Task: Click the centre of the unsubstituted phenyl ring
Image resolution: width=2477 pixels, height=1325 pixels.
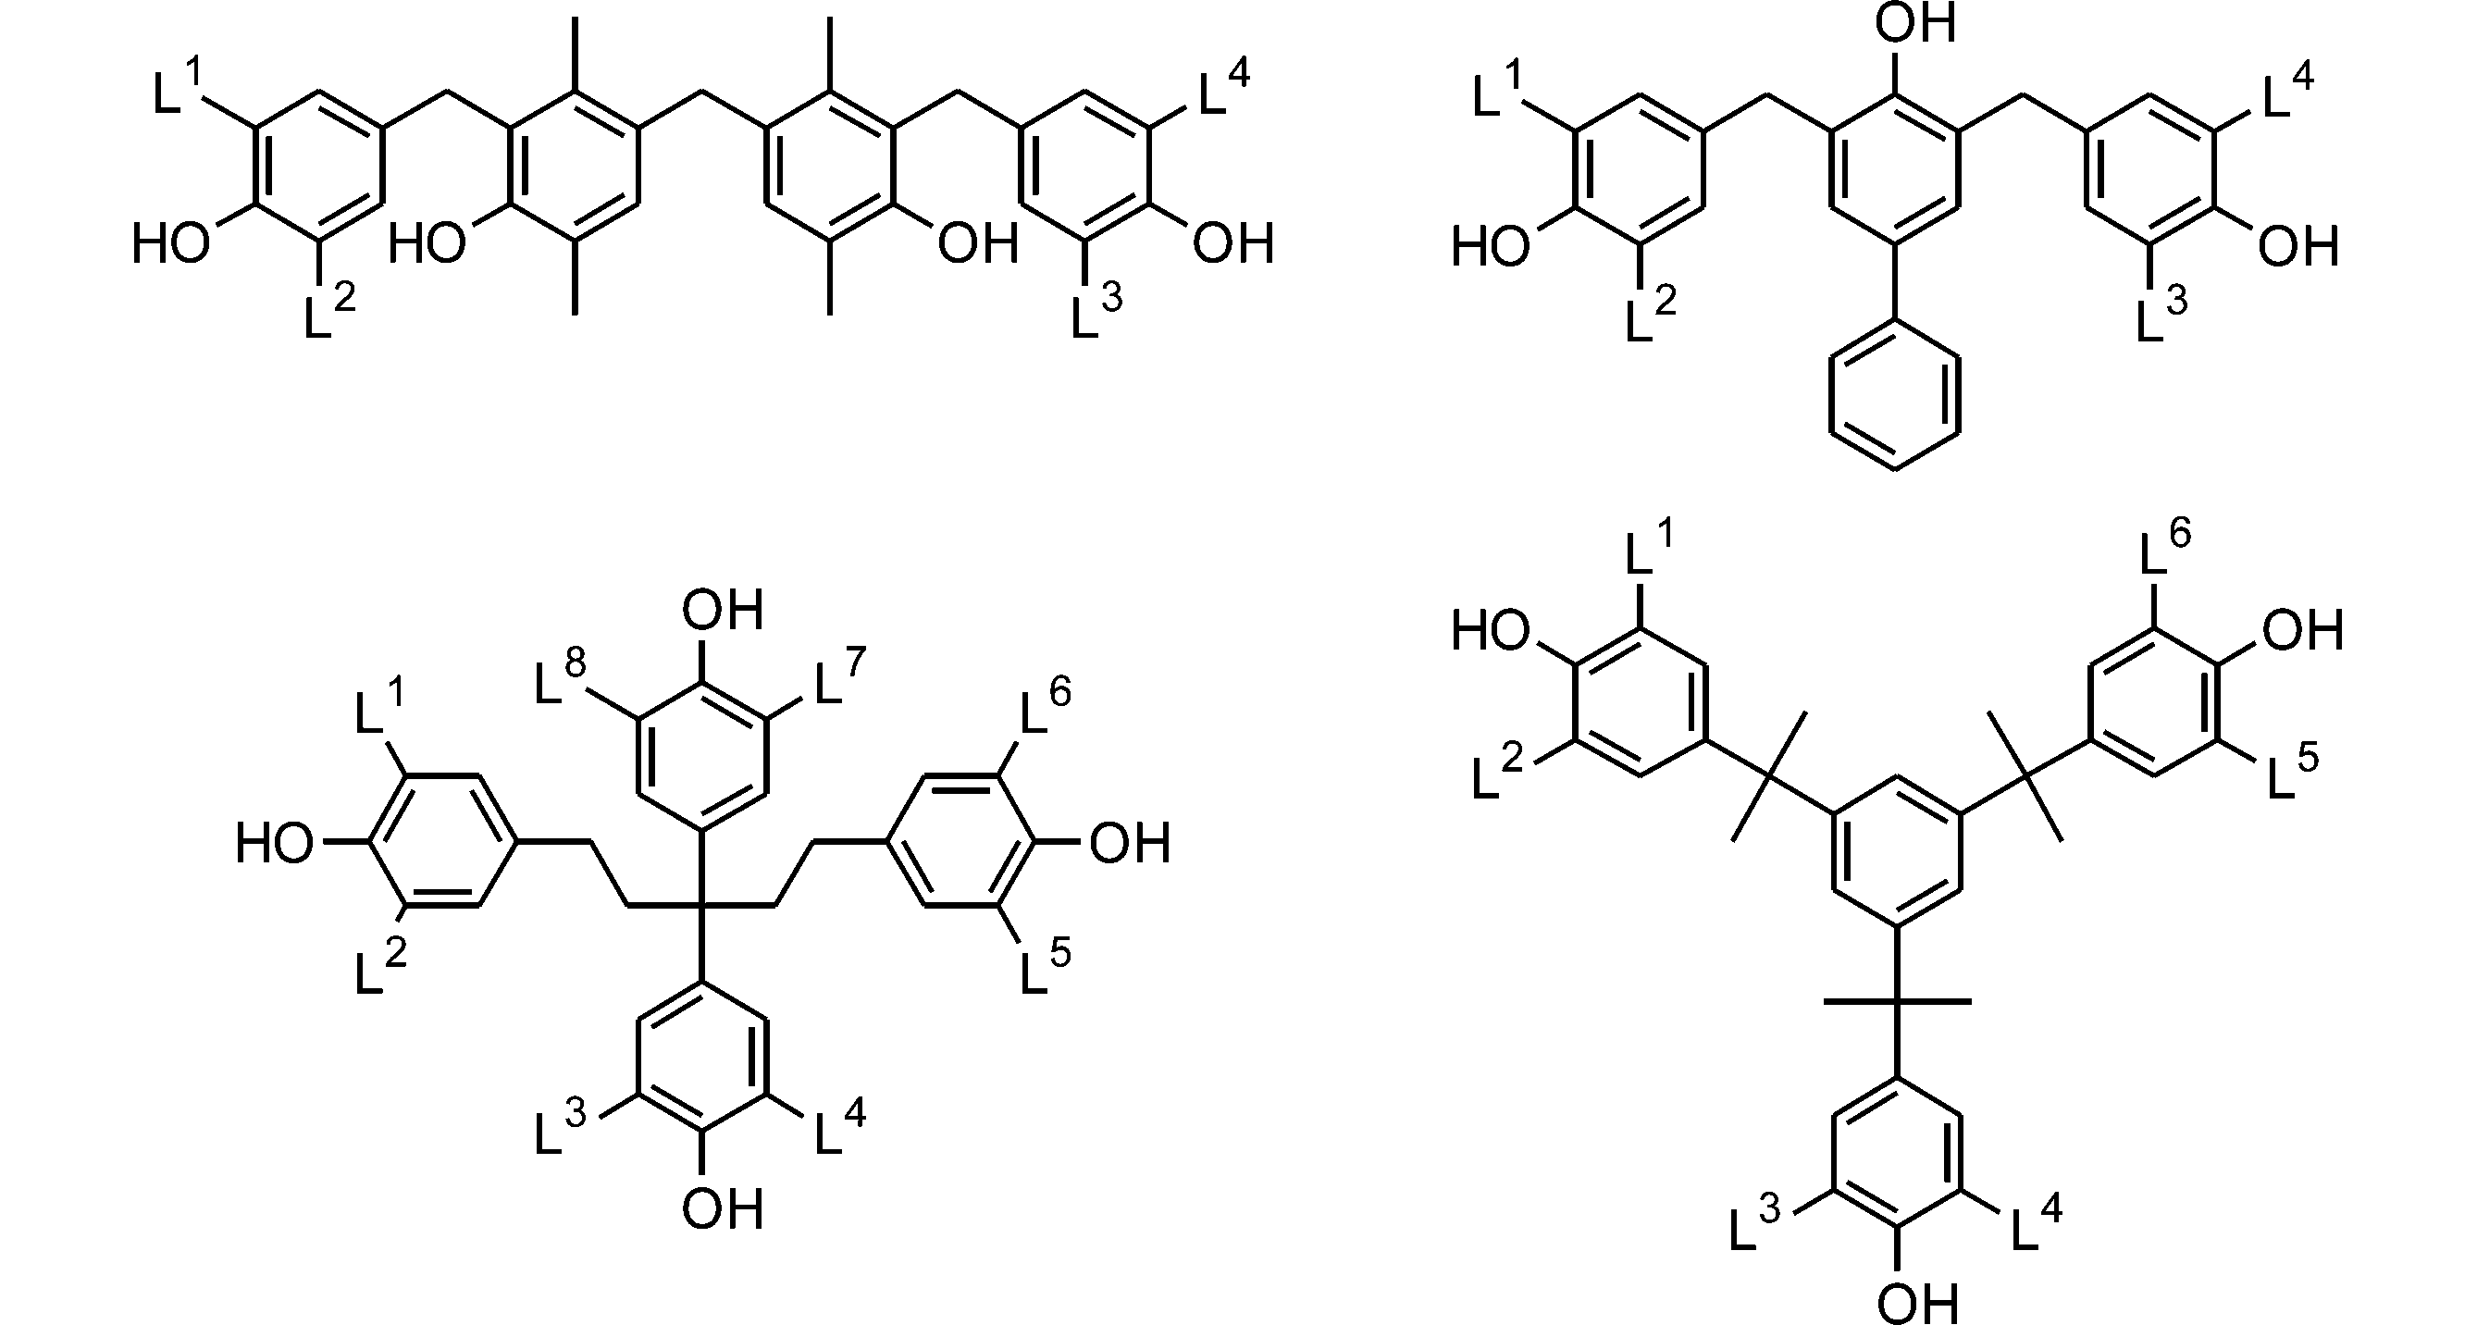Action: (x=1895, y=396)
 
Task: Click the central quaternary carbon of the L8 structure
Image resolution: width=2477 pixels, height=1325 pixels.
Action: (x=702, y=905)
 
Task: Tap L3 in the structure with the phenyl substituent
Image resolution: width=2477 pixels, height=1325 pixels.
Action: (x=2161, y=312)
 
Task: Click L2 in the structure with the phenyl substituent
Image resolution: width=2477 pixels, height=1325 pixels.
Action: (x=1651, y=312)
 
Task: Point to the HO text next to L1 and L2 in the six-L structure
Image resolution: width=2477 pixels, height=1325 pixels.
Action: (x=1491, y=632)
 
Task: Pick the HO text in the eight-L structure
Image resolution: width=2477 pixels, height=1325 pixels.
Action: (x=275, y=844)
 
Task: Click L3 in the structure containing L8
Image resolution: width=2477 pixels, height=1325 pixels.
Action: (x=561, y=1124)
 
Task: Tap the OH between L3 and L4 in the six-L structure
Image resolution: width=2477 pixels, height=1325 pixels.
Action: (x=1917, y=1303)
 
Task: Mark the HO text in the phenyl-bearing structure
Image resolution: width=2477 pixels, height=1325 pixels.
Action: (x=1491, y=246)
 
